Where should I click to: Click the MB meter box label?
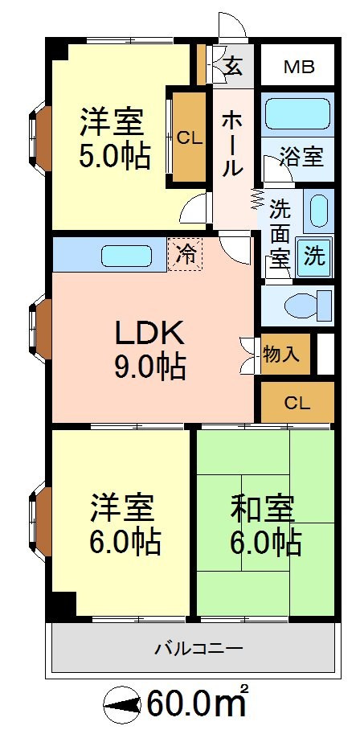coord(299,68)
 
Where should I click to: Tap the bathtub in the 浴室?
coord(297,113)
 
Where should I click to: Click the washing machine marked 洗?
coord(314,257)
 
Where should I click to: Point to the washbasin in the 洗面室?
coord(318,211)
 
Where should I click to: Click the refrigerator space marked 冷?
coord(185,254)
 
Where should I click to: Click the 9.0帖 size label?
coord(149,366)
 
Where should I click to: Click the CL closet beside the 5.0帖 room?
coord(190,137)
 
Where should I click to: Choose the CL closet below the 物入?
coord(297,402)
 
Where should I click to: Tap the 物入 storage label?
coord(280,355)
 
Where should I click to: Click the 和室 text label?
coord(263,510)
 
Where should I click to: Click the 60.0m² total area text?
coord(196,706)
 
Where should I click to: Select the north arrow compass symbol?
coord(122,707)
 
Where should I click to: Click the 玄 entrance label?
coord(234,68)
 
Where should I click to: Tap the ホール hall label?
coord(232,145)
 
